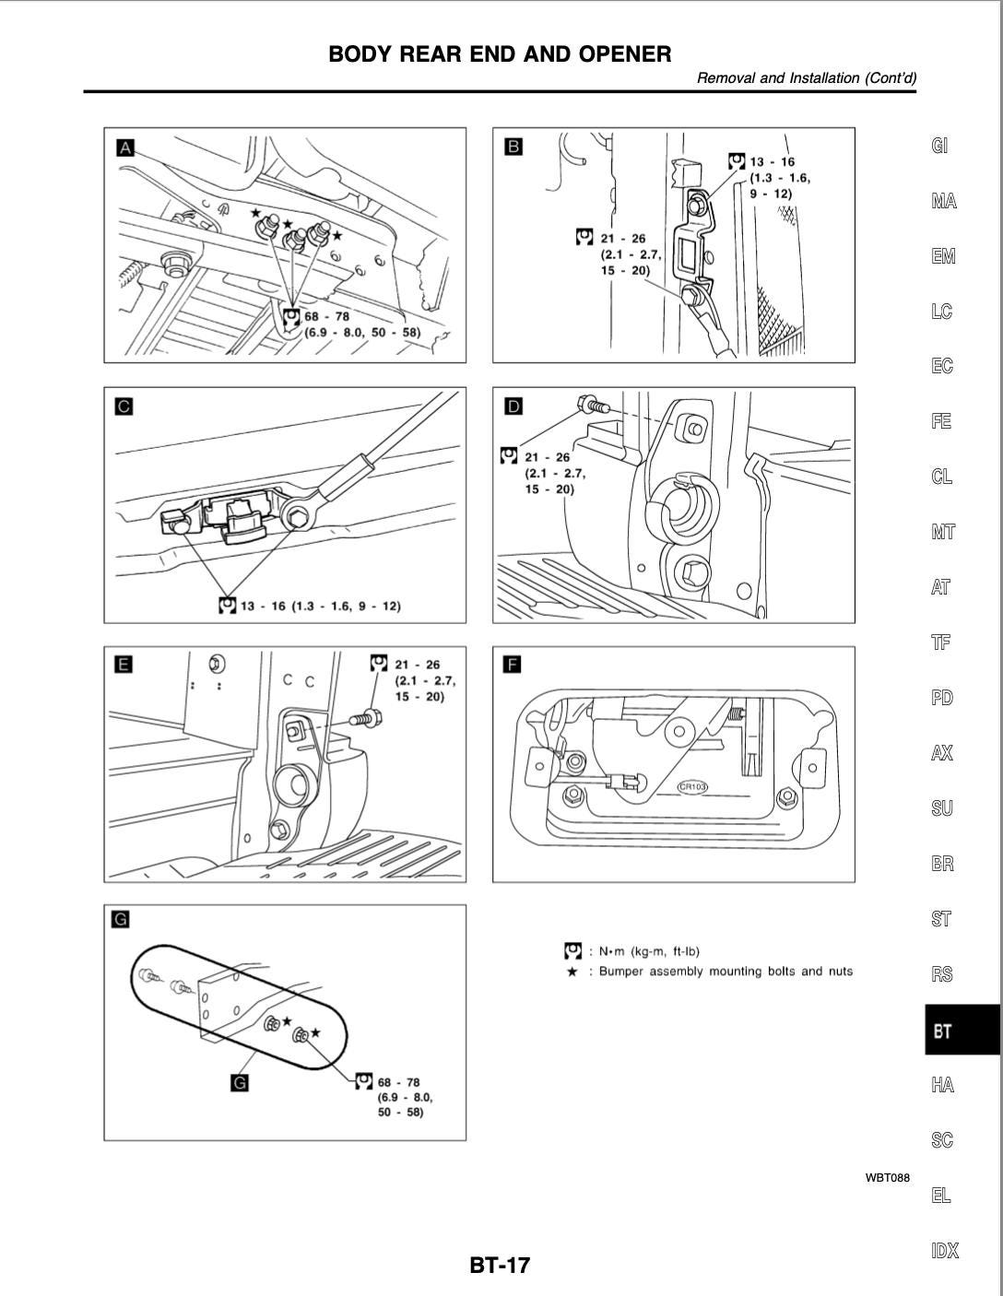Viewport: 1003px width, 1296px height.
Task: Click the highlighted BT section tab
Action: (x=962, y=1030)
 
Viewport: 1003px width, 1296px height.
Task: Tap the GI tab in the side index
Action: (x=939, y=145)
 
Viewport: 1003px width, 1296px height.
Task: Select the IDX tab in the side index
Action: (x=945, y=1250)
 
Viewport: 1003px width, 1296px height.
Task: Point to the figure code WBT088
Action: (x=888, y=1178)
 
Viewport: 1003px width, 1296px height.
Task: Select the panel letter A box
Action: (x=125, y=147)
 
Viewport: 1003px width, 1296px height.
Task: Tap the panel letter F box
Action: (x=513, y=665)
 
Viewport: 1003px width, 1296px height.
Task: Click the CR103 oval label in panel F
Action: (x=692, y=786)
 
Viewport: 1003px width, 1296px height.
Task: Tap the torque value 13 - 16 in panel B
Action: (x=773, y=161)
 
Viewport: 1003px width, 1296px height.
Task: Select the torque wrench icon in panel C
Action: (x=228, y=606)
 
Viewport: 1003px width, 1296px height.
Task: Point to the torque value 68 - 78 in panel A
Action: (x=326, y=316)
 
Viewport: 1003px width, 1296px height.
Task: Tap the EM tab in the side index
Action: (x=943, y=255)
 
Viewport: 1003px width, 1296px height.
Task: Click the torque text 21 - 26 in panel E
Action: (x=417, y=665)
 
